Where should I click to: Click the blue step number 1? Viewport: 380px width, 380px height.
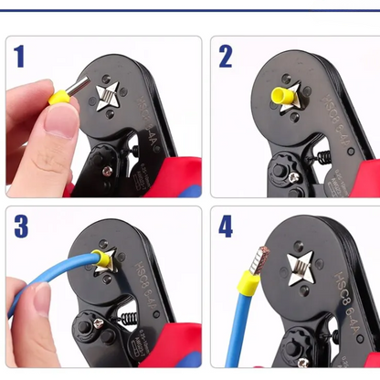pos(19,57)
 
